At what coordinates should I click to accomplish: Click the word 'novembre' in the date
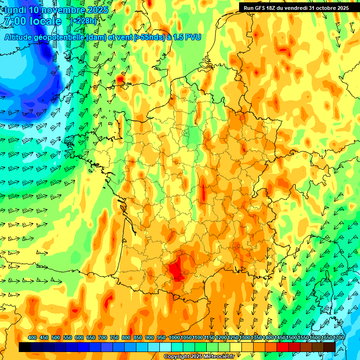(59, 10)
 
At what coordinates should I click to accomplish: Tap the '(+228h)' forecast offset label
(84, 21)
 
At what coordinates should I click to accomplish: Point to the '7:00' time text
(14, 22)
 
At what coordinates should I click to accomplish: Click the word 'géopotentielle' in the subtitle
(58, 37)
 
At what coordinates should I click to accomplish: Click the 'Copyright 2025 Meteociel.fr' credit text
(199, 357)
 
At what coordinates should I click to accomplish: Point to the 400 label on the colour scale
(32, 338)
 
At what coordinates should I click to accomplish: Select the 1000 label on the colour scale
(174, 338)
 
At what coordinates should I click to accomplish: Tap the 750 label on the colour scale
(114, 338)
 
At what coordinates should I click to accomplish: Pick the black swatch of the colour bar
(25, 347)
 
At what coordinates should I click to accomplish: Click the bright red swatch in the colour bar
(283, 347)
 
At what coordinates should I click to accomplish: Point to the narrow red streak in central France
(203, 193)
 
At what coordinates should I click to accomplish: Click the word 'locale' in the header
(45, 22)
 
